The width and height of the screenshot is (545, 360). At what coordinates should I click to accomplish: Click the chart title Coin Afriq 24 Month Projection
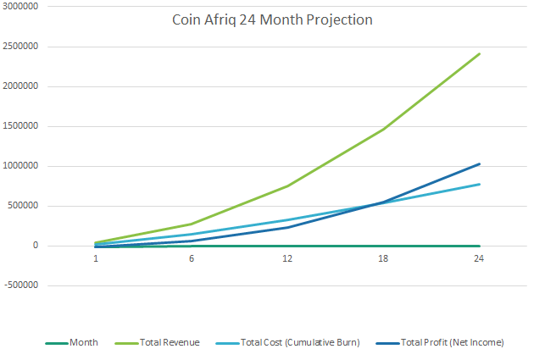click(x=272, y=19)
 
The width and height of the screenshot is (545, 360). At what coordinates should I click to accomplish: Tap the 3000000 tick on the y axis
click(x=25, y=7)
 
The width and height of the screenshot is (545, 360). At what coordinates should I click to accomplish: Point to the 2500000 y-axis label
click(x=25, y=47)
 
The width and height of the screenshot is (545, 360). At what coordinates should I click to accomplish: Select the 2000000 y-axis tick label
click(x=25, y=86)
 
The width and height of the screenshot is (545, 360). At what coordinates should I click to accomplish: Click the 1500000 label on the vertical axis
click(x=25, y=126)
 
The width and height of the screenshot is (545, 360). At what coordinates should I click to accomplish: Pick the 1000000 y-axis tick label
click(x=25, y=166)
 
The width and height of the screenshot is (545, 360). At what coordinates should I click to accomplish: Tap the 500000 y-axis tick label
click(x=28, y=206)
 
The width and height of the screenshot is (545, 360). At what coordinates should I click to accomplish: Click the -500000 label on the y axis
click(x=26, y=285)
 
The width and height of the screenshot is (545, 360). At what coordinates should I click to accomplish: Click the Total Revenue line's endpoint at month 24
click(x=480, y=53)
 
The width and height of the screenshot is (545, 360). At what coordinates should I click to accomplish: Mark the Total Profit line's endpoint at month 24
click(x=480, y=163)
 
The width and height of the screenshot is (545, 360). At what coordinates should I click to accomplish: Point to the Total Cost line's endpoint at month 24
click(x=480, y=184)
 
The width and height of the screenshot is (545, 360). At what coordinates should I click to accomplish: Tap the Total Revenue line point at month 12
click(x=287, y=186)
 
